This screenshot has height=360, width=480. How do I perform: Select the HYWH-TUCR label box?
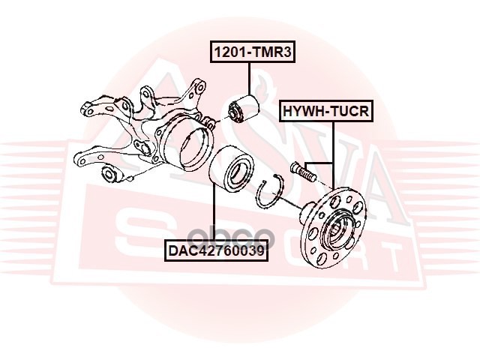[325, 112]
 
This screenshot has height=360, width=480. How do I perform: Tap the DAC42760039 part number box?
[215, 250]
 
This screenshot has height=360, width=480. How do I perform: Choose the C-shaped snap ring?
[268, 194]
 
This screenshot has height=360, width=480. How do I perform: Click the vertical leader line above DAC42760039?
[215, 214]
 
